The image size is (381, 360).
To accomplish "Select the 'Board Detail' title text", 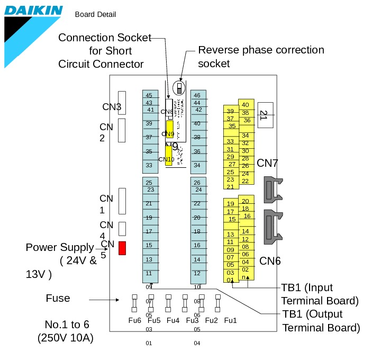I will (95, 14).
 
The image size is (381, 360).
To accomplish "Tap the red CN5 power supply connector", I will (122, 248).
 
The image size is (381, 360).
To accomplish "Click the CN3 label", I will (112, 107).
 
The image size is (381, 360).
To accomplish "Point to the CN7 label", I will (267, 163).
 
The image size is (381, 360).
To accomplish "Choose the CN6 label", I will (269, 261).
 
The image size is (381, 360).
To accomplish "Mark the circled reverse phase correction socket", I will (180, 87).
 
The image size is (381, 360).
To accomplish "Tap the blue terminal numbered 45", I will (149, 95).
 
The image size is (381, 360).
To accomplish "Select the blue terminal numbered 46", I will (197, 95).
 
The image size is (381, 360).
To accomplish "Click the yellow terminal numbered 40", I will (245, 104).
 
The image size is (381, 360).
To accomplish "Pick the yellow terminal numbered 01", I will (230, 280).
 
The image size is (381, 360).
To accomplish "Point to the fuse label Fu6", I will (135, 320).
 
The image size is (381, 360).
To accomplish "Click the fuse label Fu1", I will (230, 320).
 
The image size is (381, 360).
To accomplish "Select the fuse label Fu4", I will (173, 320).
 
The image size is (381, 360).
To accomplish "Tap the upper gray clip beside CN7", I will (275, 189).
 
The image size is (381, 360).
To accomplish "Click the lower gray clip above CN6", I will (275, 226).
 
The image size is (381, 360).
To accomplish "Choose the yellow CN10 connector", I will (169, 156).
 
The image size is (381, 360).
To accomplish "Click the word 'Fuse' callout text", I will (58, 298).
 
